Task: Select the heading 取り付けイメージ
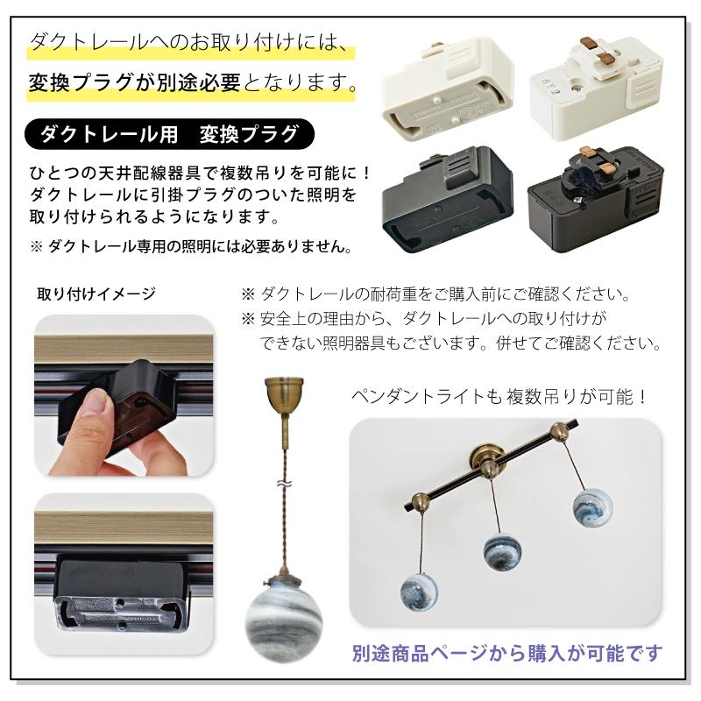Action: (x=96, y=294)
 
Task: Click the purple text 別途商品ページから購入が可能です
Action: (x=508, y=653)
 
